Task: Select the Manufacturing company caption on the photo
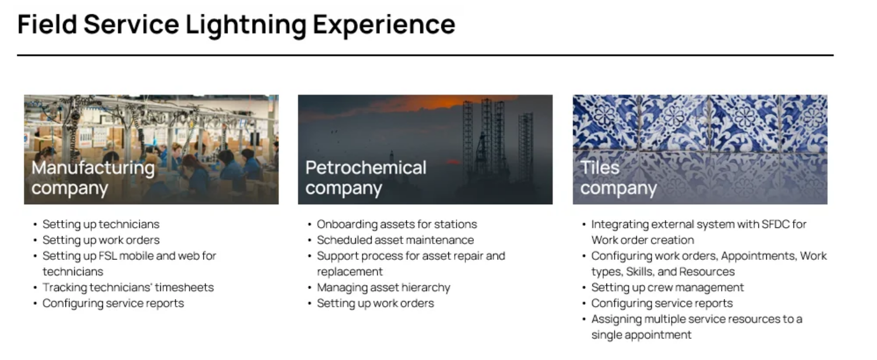click(x=93, y=177)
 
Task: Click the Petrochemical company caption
click(x=366, y=177)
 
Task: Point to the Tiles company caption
click(x=619, y=177)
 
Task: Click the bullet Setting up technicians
click(x=101, y=224)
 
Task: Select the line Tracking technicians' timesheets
click(x=128, y=287)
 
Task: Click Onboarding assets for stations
click(x=397, y=224)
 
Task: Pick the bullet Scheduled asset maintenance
click(x=395, y=240)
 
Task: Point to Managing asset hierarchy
click(x=383, y=287)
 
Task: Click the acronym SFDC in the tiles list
click(x=775, y=224)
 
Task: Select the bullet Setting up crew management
click(x=667, y=287)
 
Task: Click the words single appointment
click(x=641, y=335)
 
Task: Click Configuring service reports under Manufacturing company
click(x=113, y=303)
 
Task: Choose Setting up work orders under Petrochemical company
click(x=375, y=303)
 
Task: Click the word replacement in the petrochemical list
click(x=350, y=272)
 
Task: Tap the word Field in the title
click(x=47, y=24)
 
